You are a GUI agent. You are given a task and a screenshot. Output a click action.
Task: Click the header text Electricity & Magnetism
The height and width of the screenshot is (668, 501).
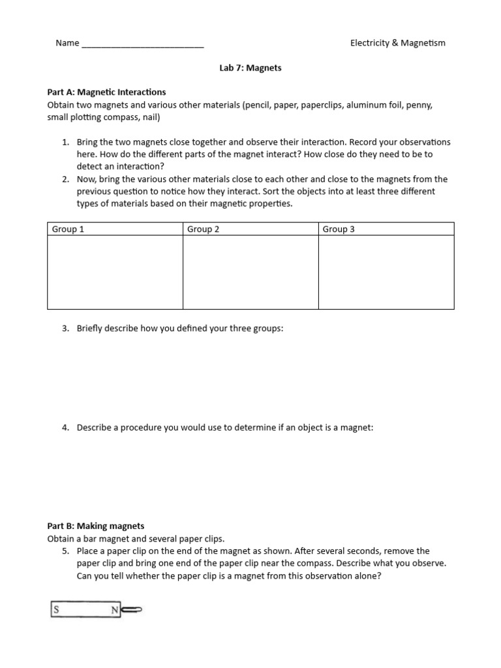coord(397,43)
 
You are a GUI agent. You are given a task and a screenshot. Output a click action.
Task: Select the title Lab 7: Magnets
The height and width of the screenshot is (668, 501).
coord(250,68)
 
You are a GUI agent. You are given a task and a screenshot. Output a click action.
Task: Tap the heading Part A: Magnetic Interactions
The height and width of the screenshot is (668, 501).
coord(106,92)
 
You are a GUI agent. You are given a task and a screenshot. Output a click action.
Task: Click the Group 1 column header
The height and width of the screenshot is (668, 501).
coord(68,229)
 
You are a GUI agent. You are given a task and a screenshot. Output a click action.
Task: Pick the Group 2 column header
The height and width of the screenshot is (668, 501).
coord(203,229)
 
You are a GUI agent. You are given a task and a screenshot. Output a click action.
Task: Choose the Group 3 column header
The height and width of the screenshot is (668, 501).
coord(339,229)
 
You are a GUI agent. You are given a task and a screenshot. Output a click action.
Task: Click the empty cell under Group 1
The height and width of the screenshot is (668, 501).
coord(115,272)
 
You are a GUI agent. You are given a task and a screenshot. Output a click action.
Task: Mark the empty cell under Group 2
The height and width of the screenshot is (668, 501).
coord(250,272)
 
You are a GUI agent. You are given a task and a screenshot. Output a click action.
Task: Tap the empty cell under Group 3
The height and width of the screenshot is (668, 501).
coord(386,272)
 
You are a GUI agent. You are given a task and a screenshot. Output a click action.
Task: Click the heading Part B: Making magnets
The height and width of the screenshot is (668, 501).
coord(96,526)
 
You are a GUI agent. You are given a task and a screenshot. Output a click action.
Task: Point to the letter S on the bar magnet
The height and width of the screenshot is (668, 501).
coord(57,611)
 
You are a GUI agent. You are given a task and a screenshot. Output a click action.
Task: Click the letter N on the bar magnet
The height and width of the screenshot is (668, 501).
coord(114,611)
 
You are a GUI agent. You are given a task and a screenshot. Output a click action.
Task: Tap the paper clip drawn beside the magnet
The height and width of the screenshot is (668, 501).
coord(131,611)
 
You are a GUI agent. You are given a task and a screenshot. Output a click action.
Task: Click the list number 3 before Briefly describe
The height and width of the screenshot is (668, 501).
coord(65,328)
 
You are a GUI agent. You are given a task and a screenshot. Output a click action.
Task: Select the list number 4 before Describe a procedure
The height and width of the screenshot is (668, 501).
coord(65,427)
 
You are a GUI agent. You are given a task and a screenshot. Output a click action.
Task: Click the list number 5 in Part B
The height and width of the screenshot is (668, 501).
coord(65,551)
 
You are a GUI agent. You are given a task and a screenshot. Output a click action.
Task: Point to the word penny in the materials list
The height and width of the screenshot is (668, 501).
coord(419,104)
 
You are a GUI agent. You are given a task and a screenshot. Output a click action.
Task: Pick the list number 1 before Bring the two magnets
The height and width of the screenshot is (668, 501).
coord(65,142)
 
